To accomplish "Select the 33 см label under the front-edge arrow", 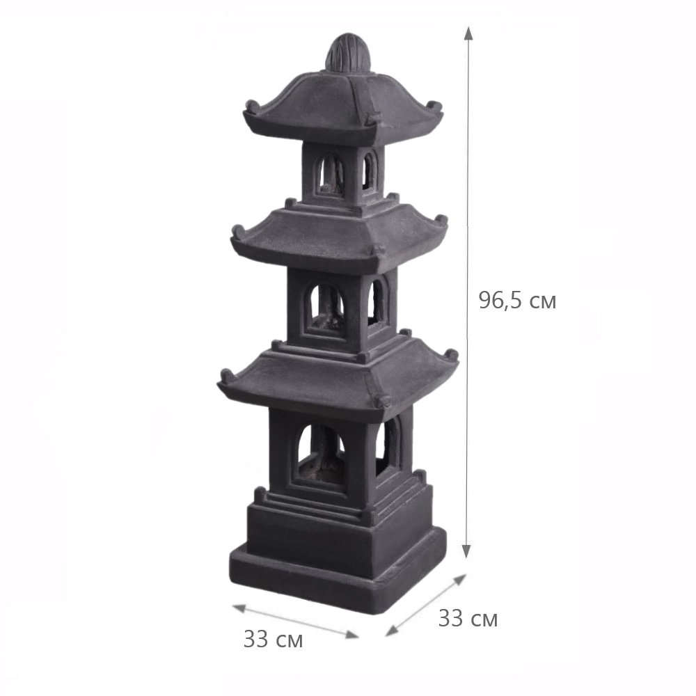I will tap(273, 640).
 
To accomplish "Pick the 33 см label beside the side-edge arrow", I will tap(468, 618).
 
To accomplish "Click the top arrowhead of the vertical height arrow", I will tap(468, 32).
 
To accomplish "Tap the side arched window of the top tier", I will tap(369, 170).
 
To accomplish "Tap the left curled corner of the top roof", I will tap(251, 106).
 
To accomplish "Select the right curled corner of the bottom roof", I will tap(452, 355).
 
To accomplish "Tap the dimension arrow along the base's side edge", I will tap(425, 604).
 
